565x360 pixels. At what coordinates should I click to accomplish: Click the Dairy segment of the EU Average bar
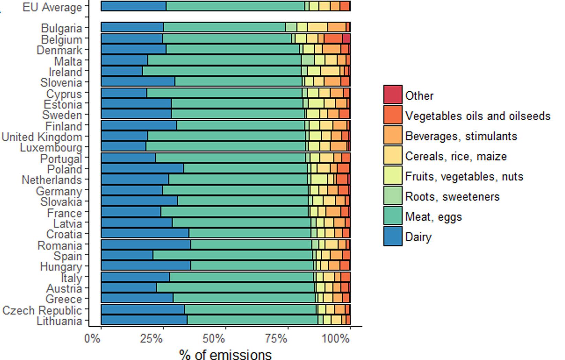coord(134,6)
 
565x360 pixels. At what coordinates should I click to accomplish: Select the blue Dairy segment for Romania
coord(146,245)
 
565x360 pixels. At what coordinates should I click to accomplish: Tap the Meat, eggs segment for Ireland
coord(222,71)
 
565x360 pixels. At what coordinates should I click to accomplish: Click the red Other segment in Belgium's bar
coord(346,38)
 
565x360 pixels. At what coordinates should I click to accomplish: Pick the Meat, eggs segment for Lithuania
coord(253,320)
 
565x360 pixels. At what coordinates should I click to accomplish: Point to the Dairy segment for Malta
coord(124,60)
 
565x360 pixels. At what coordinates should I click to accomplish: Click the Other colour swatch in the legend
coord(393,95)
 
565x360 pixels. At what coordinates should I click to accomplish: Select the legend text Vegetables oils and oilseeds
coord(478,116)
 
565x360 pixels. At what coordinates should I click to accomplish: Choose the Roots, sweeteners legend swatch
coord(393,196)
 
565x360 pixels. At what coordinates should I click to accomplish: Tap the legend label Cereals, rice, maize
coord(456,156)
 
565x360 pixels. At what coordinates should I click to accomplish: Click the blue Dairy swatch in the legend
coord(393,236)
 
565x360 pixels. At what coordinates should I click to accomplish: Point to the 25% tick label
coord(152,339)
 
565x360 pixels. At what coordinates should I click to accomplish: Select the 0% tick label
coord(92,339)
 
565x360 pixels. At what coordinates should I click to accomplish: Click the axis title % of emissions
coord(225,354)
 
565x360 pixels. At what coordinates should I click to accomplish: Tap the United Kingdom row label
coord(42,137)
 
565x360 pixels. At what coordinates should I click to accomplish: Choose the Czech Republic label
coord(42,311)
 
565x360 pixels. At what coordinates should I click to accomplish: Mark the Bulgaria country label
coord(62,28)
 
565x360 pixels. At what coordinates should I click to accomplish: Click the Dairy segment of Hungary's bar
coord(146,266)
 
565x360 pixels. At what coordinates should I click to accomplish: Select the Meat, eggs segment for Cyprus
coord(224,93)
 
